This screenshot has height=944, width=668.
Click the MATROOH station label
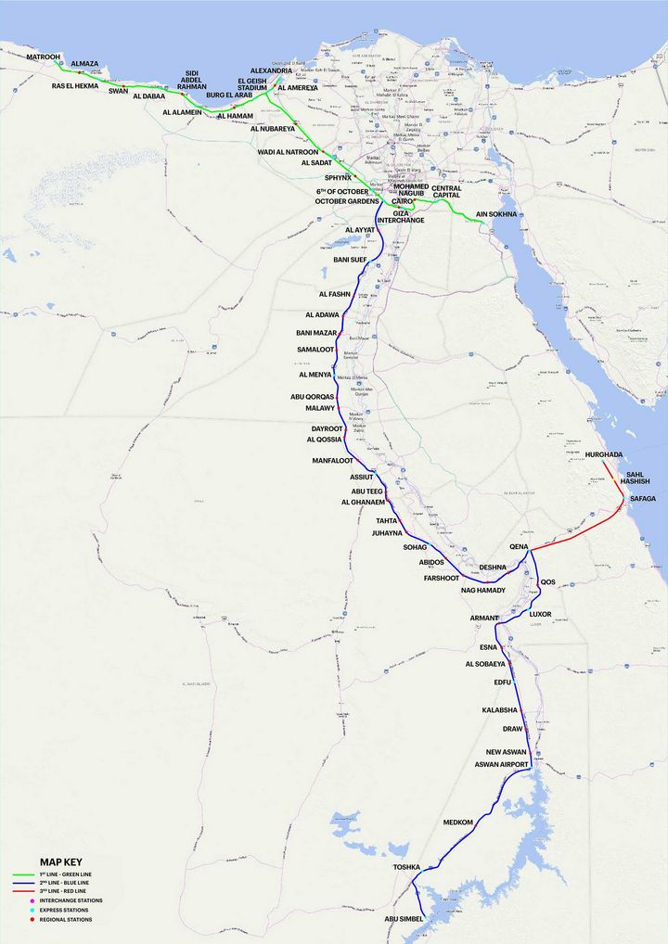[x=43, y=57]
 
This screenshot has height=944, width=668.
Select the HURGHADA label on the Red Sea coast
[x=604, y=454]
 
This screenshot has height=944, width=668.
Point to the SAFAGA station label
[x=643, y=499]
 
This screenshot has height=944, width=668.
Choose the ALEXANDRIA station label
[x=271, y=70]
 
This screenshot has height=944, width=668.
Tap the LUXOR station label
[x=541, y=614]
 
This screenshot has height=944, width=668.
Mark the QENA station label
[x=519, y=547]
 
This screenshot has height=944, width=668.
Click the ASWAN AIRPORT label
[x=501, y=764]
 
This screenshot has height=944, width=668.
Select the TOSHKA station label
[x=407, y=868]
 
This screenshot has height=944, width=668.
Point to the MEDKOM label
[x=458, y=823]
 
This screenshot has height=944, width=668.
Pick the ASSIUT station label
[x=361, y=477]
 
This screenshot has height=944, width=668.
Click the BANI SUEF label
[x=351, y=260]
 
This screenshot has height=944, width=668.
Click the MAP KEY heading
[x=60, y=861]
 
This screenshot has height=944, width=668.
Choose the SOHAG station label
[x=415, y=547]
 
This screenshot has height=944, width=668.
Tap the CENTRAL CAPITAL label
[x=453, y=191]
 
